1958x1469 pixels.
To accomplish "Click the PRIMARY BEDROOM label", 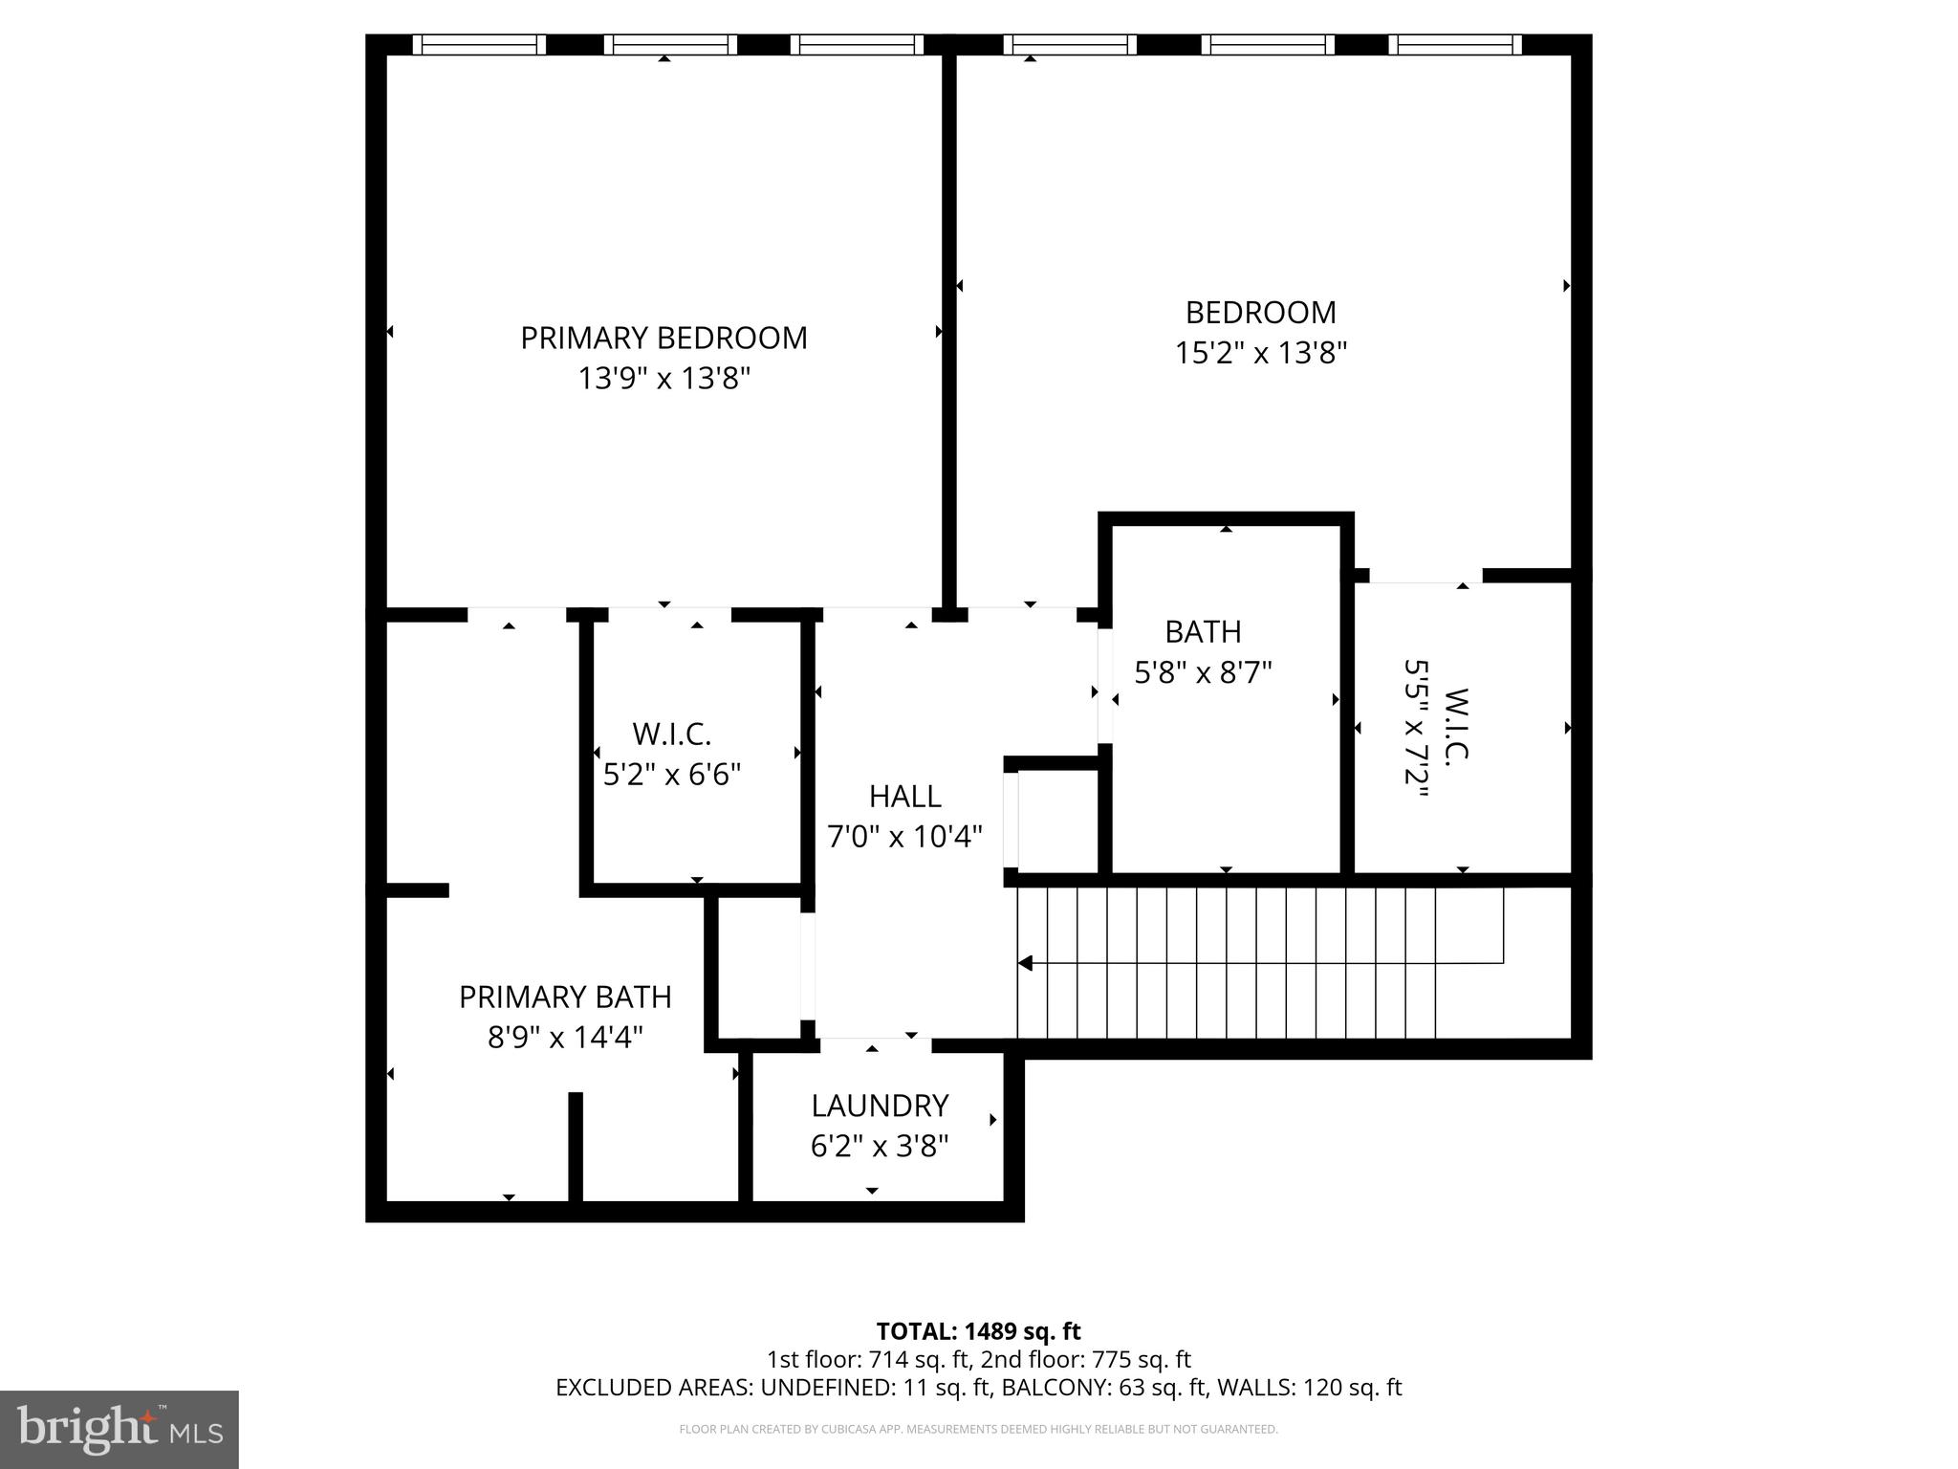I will pos(664,338).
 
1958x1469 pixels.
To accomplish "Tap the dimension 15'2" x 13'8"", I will pos(1260,354).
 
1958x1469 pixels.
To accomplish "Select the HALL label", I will pos(904,796).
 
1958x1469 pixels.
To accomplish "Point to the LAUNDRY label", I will pos(880,1106).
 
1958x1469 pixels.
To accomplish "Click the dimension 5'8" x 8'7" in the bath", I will pos(1203,673).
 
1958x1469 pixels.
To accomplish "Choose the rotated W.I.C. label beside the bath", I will pos(1455,725).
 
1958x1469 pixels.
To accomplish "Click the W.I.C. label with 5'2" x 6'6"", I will pos(671,734).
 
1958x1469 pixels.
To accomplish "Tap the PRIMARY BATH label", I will pos(565,997).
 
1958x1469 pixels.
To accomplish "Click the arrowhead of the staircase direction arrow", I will pos(1026,963).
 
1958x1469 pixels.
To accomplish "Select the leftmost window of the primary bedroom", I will pos(479,44).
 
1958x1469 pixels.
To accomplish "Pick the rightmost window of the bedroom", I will pos(1454,44).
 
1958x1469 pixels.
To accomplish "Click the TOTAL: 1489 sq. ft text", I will pos(978,1331).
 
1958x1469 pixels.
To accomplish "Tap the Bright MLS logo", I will pos(120,1429).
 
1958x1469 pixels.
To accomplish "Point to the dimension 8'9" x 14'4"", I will pos(565,1038).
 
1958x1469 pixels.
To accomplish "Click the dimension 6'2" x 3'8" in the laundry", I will pos(880,1146).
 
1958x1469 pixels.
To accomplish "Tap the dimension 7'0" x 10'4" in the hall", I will pos(904,837).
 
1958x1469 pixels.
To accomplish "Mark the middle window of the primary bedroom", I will pos(671,44).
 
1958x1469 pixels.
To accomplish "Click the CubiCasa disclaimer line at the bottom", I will pos(978,1430).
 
